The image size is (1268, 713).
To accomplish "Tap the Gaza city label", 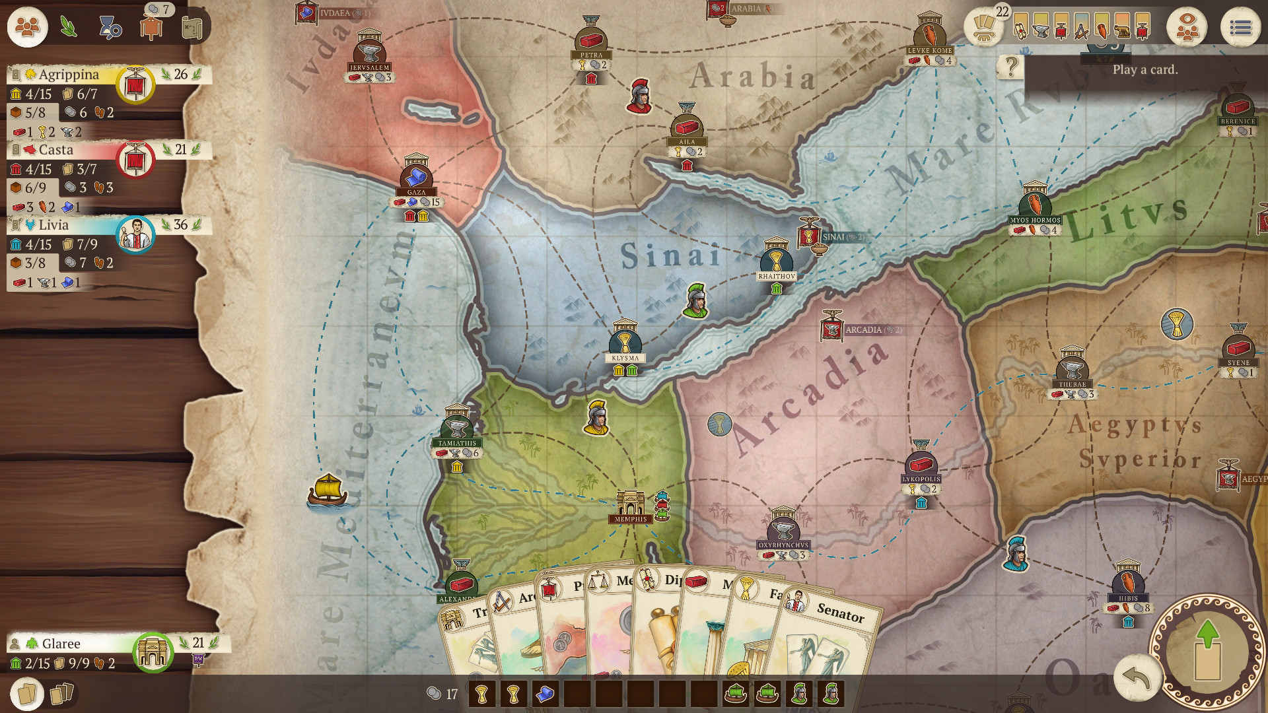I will (416, 192).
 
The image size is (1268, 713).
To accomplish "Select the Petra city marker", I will (591, 40).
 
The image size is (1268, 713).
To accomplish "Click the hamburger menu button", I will (1240, 28).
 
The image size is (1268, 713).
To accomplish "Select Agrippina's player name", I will (69, 75).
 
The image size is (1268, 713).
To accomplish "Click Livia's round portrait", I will (135, 234).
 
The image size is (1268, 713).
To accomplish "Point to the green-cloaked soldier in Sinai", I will (695, 300).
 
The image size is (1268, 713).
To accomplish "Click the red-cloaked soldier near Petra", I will (639, 96).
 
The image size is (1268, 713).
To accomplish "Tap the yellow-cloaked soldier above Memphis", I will (596, 417).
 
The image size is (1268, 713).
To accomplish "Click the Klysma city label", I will (625, 358).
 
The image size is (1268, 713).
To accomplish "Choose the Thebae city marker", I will (1072, 366).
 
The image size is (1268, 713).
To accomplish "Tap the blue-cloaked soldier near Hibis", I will (1016, 553).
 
